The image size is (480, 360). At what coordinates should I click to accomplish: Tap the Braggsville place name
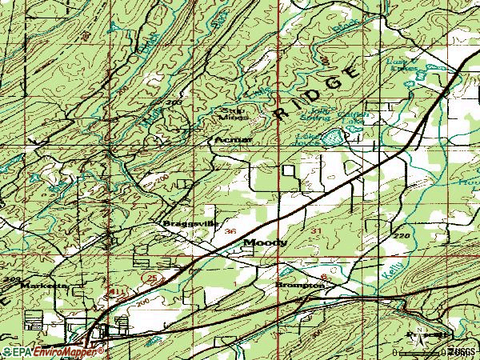(x=190, y=223)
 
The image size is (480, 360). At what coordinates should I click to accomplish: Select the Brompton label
(x=300, y=285)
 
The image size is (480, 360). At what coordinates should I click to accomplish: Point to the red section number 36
(x=230, y=231)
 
